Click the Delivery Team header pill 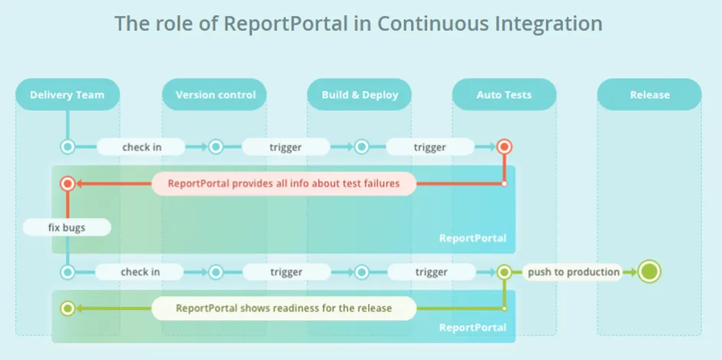[68, 94]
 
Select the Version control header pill [214, 94]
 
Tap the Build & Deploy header [359, 94]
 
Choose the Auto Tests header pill [504, 94]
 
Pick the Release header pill [649, 94]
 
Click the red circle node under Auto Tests [504, 147]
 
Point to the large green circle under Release [649, 272]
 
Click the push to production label [573, 272]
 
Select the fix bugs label [67, 227]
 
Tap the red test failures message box [283, 183]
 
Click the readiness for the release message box [283, 308]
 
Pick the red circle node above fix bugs [68, 183]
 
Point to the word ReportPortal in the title [286, 24]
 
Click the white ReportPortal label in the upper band [472, 239]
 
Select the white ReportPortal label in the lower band [472, 328]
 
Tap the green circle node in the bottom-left [68, 308]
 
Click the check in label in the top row [141, 147]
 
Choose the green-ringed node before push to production [504, 272]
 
